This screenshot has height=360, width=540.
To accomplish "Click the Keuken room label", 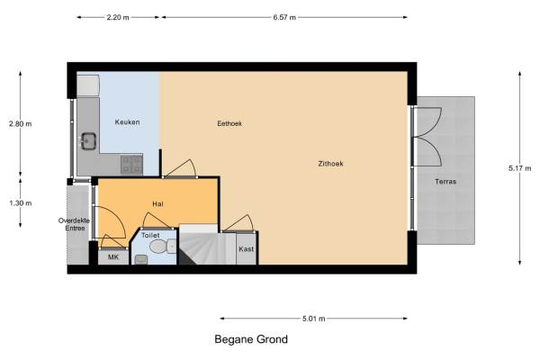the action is (x=128, y=122).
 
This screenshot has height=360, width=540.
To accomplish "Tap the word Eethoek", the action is (x=229, y=123).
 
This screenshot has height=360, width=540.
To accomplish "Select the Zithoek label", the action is (x=330, y=164).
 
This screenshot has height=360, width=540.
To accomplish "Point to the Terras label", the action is (x=445, y=182).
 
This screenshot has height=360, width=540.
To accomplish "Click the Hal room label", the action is (x=157, y=204).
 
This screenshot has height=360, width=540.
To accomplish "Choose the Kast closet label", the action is (x=247, y=249).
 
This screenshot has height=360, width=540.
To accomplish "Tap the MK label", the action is (x=113, y=257).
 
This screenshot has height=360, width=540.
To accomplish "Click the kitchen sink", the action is (x=88, y=141).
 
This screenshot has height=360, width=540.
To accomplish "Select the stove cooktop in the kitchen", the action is (x=131, y=165).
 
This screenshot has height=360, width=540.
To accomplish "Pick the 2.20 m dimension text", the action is (x=118, y=17).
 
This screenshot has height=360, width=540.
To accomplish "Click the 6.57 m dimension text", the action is (x=284, y=17).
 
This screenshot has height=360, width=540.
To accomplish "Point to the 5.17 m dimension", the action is (x=519, y=168).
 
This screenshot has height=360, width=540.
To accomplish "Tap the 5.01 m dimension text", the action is (x=314, y=319).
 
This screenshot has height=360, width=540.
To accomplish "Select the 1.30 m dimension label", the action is (x=21, y=203).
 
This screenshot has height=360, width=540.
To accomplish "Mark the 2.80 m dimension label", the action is (x=21, y=123).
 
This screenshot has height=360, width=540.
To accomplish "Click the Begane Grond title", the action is (x=251, y=339).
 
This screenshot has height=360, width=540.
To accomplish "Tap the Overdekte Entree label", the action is (x=74, y=224).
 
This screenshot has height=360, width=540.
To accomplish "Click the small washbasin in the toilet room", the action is (x=141, y=259).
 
